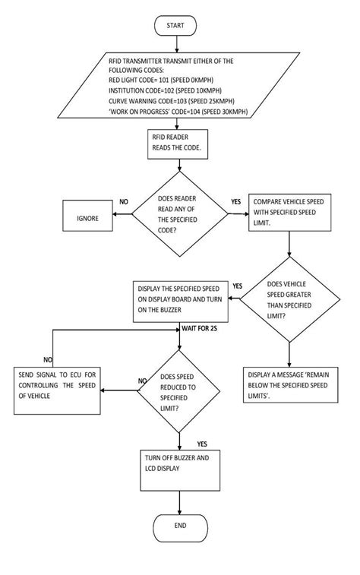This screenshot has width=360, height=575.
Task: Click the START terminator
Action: coord(175,26)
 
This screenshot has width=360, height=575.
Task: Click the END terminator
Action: coord(179,526)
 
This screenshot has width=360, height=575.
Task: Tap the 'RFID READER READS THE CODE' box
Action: coord(175,143)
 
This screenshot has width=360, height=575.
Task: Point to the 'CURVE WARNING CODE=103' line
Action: coord(171,100)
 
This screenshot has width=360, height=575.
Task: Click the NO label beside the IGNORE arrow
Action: coord(124,203)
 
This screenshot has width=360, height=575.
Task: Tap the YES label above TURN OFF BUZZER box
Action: coord(202,444)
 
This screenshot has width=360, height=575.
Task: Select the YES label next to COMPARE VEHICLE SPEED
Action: coord(236,203)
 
